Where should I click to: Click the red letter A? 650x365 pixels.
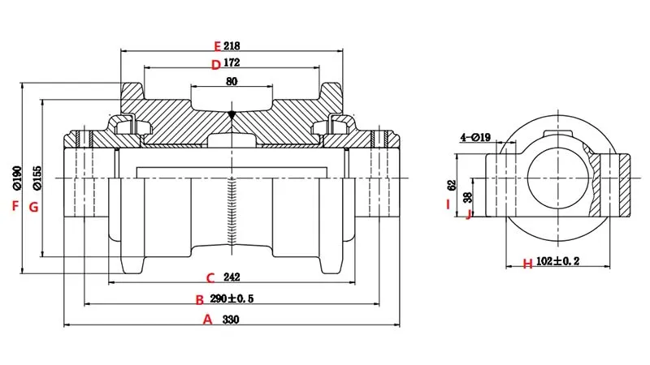pos(207,320)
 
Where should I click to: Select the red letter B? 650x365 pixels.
pos(200,299)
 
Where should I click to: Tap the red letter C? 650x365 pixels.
pos(209,277)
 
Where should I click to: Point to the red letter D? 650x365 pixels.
pos(215,65)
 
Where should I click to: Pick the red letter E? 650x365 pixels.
pos(215,45)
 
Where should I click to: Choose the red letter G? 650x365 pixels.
pos(33,207)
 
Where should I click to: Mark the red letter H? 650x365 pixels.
pos(527,264)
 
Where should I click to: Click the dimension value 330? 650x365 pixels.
pos(232,320)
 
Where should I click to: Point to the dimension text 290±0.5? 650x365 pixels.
pos(232,299)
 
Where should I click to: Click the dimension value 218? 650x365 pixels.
pos(232,45)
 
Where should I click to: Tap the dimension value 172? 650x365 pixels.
pos(232,64)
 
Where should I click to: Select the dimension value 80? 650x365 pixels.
pos(232,81)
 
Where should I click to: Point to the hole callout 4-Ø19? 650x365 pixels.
pos(474,137)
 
